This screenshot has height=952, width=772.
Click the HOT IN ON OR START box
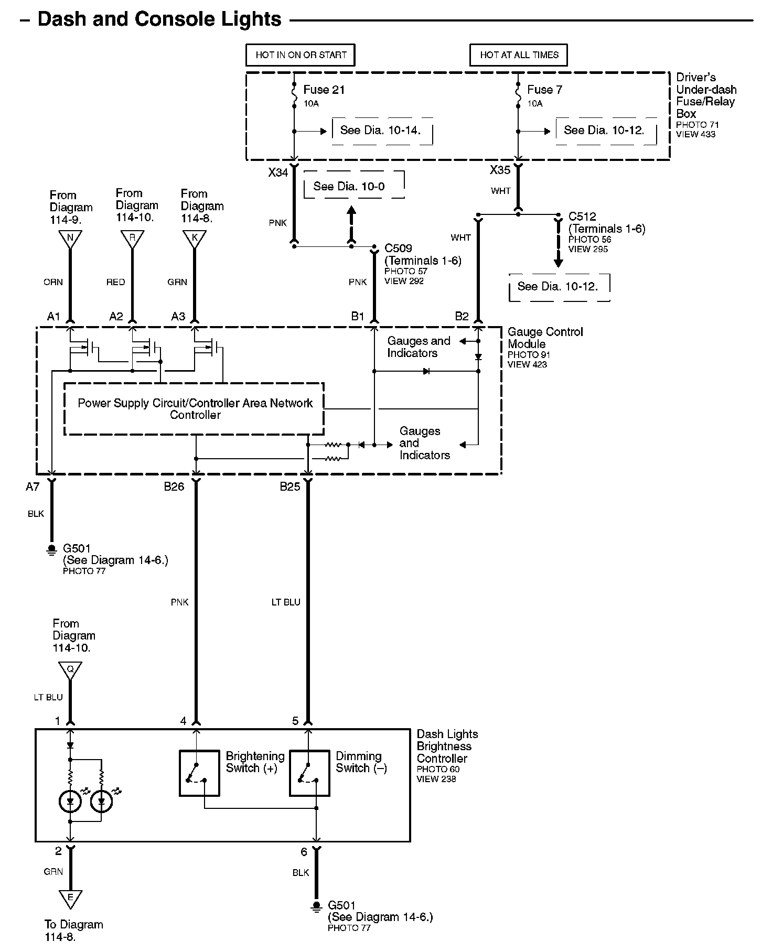[x=301, y=55]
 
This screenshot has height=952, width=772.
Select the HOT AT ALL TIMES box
[x=519, y=55]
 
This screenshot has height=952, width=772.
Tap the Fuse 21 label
[x=324, y=90]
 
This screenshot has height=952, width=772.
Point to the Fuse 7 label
[x=544, y=90]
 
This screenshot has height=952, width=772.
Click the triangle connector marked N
[x=70, y=239]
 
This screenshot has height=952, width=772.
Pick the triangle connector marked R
[x=132, y=239]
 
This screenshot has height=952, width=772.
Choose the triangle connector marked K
[x=195, y=239]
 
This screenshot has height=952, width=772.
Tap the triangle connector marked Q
[x=70, y=669]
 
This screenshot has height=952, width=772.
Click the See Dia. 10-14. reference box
[x=381, y=131]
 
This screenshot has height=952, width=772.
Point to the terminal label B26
[x=174, y=486]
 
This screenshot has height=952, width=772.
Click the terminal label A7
[x=33, y=487]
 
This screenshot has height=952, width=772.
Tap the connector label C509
[x=398, y=248]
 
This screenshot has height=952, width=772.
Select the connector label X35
[x=500, y=170]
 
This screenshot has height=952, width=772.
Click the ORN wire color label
[x=53, y=282]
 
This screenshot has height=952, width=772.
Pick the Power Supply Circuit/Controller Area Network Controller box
[x=194, y=409]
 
